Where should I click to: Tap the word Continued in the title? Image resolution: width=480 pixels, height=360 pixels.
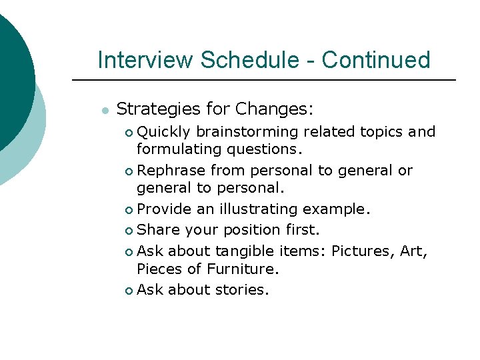[x=376, y=60]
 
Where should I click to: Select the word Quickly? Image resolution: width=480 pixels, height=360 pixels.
[x=165, y=132]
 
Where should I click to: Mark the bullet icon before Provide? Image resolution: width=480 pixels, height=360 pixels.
[x=129, y=210]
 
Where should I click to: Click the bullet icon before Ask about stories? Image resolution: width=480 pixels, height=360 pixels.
[x=129, y=291]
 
